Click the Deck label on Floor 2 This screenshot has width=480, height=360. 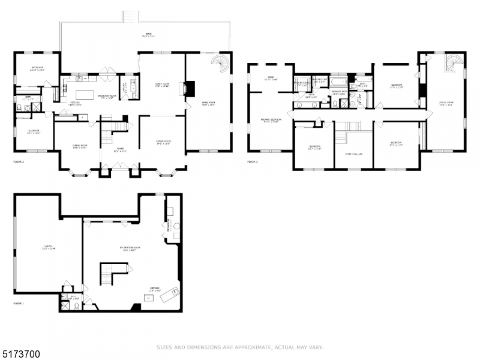[148, 35]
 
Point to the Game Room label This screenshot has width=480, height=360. [208, 103]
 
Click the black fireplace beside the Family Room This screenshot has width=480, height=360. [189, 89]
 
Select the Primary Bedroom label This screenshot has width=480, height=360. [269, 121]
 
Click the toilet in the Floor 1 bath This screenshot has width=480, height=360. [76, 305]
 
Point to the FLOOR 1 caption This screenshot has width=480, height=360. [19, 304]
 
